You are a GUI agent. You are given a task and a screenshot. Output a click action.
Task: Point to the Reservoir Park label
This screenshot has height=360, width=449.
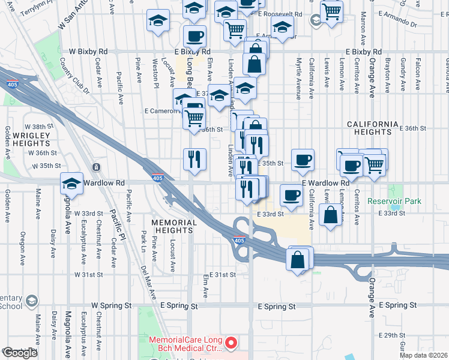395,202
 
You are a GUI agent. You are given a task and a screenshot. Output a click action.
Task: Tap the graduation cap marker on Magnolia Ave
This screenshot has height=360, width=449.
71,184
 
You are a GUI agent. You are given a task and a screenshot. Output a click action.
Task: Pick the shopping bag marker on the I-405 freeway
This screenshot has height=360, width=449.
298,259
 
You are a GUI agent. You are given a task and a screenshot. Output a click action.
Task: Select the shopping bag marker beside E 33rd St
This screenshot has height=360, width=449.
330,215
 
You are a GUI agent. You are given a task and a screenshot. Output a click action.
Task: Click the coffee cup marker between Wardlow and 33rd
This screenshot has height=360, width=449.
292,195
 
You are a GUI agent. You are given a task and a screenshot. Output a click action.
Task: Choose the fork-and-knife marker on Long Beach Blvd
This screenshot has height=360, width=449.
194,159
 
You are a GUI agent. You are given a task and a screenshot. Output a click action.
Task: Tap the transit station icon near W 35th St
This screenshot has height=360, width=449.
95,166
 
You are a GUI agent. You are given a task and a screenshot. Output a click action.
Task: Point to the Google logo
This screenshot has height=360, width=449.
20,353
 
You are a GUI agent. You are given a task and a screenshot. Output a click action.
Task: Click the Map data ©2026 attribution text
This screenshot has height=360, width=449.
424,355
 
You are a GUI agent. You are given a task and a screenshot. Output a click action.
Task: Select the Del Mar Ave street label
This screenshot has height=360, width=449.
148,282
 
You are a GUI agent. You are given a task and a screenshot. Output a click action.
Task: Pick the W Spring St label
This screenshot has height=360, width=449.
111,305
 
